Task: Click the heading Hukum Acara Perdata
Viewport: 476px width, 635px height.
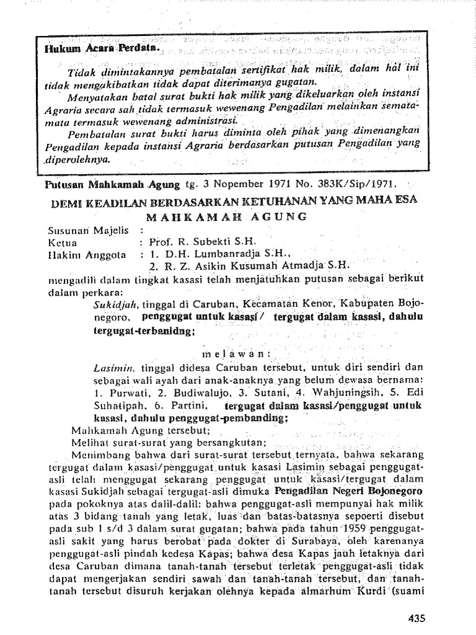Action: (102, 48)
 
